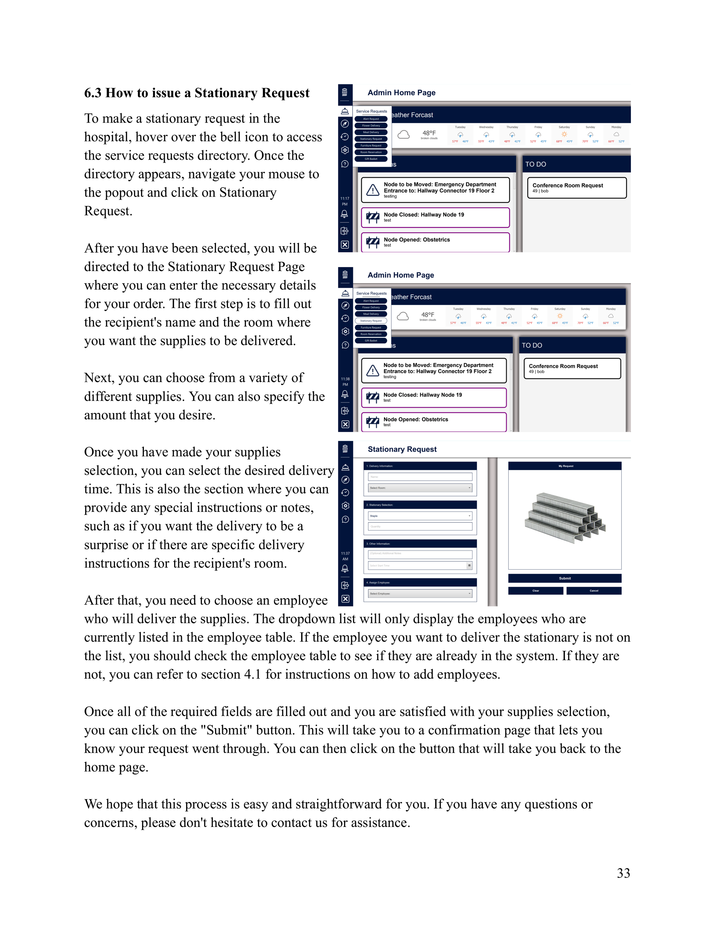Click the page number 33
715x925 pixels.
tap(623, 873)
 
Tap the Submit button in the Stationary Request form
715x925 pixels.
tap(565, 578)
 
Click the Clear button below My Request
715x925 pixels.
tap(535, 590)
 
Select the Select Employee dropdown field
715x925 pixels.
tap(420, 593)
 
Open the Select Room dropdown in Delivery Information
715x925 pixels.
tap(420, 488)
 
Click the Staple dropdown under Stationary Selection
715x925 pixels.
tap(420, 516)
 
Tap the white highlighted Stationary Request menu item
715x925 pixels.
tap(371, 321)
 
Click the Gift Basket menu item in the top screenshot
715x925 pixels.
tap(371, 159)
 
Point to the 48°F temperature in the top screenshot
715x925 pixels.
tap(429, 133)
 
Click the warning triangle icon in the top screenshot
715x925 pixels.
tap(373, 190)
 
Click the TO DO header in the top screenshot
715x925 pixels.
tap(535, 164)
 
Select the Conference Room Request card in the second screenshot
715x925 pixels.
tap(572, 369)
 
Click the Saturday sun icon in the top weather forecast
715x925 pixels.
tap(564, 134)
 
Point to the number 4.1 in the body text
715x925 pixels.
tap(253, 674)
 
